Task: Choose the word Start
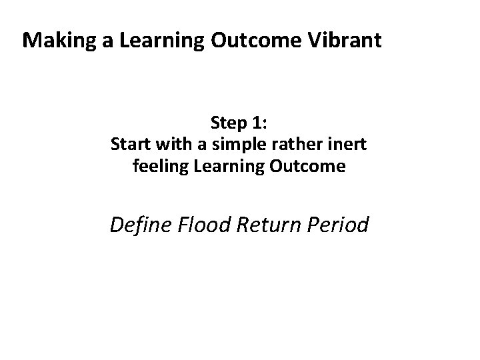tap(129, 144)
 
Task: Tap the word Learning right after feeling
tap(215, 166)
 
